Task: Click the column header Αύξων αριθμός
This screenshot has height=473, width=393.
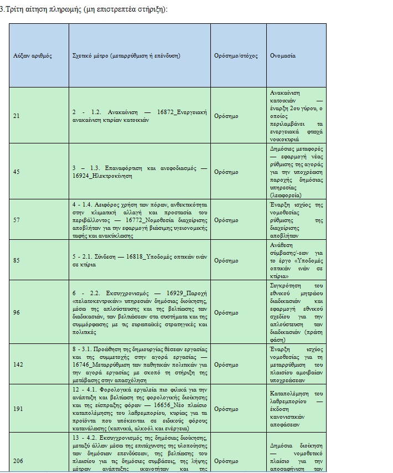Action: tap(33, 56)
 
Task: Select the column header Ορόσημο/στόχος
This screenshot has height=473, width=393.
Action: tap(236, 56)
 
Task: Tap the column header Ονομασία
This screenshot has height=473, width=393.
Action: tap(283, 56)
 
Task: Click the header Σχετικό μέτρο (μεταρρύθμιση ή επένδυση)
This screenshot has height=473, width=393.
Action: tap(127, 56)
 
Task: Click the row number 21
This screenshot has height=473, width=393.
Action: tap(16, 116)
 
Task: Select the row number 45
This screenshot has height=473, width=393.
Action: tap(16, 172)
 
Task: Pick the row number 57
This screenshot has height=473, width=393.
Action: tap(16, 220)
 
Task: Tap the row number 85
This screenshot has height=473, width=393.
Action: tap(16, 260)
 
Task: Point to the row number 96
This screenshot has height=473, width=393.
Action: tap(16, 312)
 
